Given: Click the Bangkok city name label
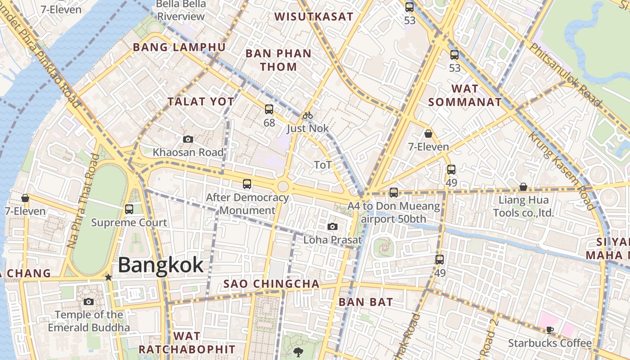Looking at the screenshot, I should coord(161,265).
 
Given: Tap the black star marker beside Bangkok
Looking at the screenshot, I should coord(108,277).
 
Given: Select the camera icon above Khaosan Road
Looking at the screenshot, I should coord(188,139).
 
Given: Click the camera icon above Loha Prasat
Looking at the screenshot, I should coord(333,226).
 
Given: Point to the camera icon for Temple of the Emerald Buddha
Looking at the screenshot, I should coord(89,301).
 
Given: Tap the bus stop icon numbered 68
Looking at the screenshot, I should coord(269,109).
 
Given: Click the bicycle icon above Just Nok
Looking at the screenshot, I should coord(308,115).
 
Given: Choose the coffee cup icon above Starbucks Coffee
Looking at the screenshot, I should coord(550,330).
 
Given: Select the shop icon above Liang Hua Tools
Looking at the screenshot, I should coord(523,187).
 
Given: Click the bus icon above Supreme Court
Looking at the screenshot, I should coord(129,209).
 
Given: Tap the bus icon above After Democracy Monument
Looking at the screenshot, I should coord(247,184).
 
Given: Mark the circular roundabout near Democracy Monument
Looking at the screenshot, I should coord(283,186).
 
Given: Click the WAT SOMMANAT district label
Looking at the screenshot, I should coord(465,95).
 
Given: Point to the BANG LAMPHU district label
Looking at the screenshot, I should coord(179,47).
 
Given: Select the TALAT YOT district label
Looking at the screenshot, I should coord(201,102).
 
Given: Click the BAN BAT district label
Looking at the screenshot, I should coord(366,302).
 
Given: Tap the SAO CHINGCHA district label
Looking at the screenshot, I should coord(272,284).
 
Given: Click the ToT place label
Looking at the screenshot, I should coord(323,165).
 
